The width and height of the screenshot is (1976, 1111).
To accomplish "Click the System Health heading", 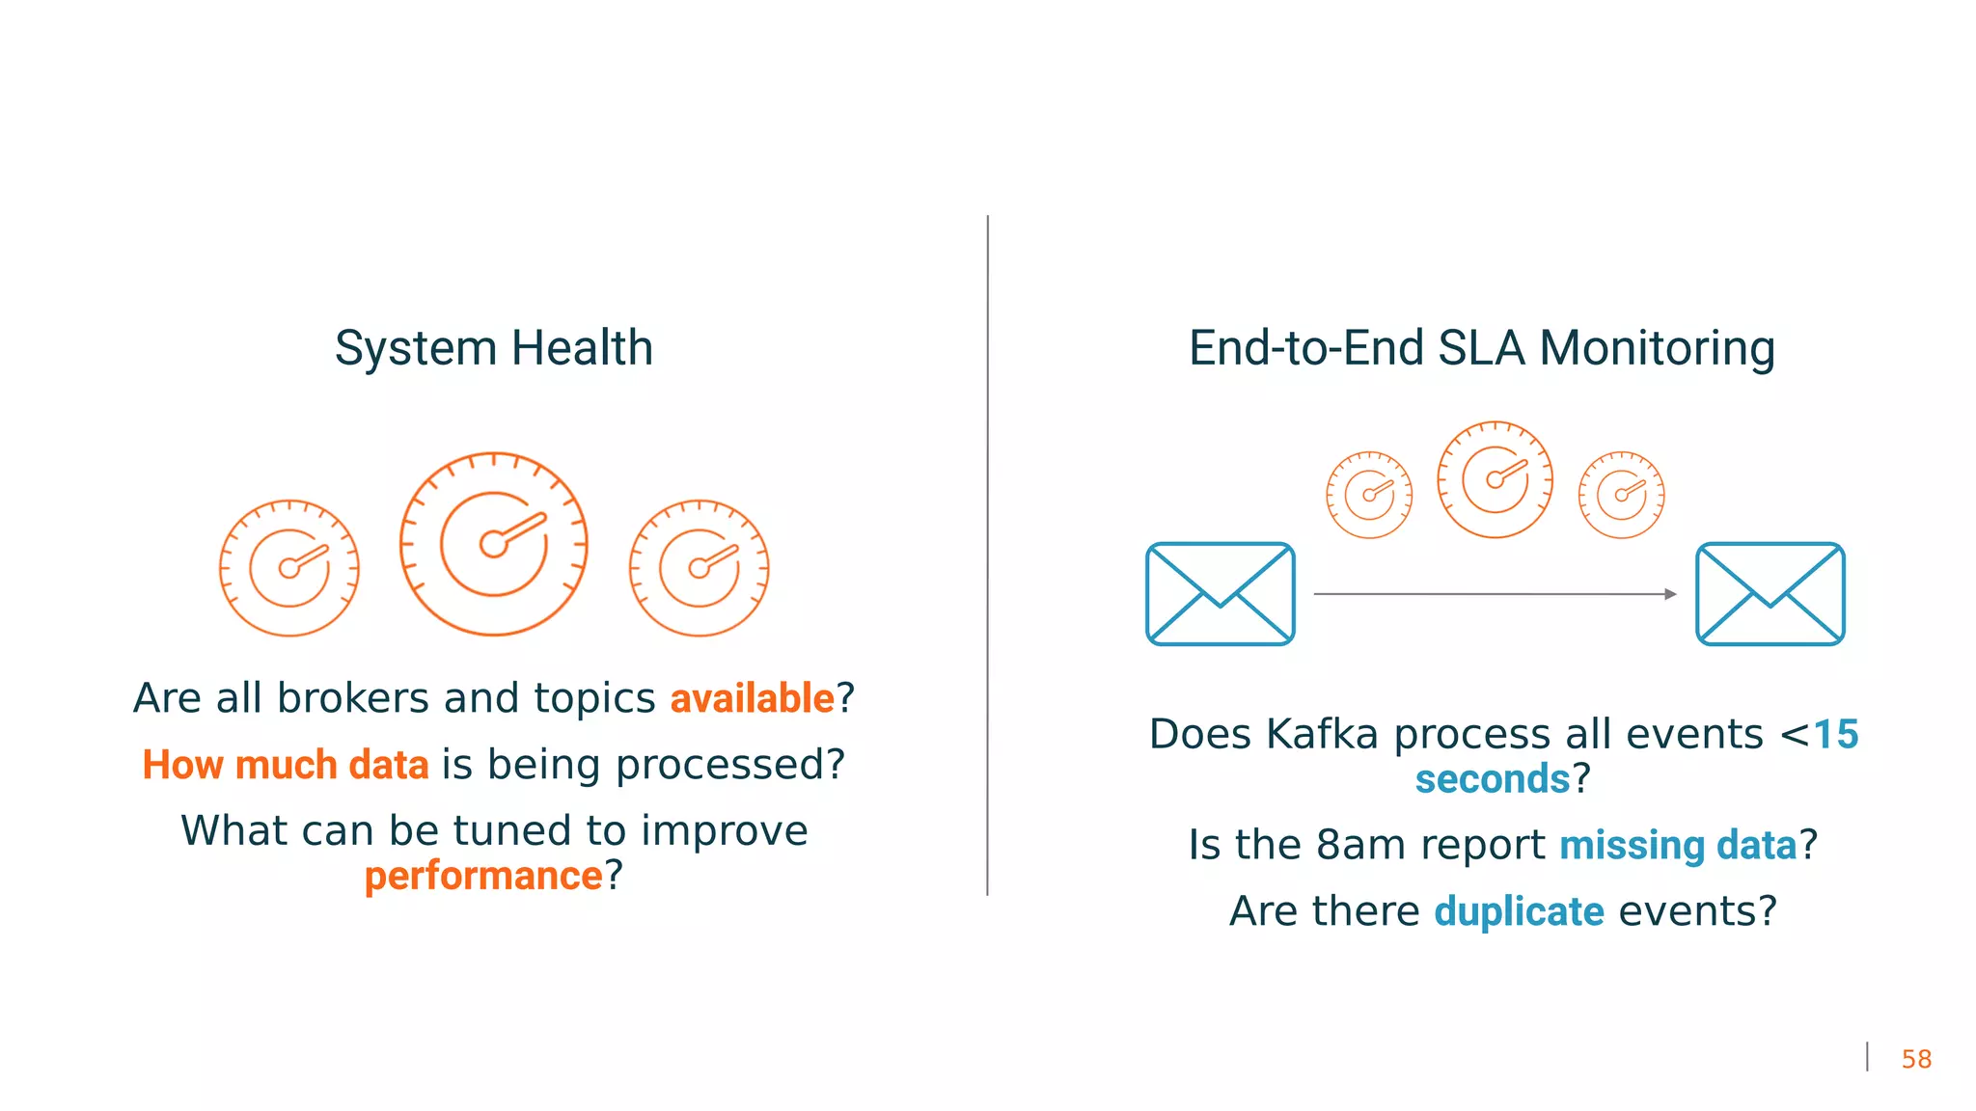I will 494,348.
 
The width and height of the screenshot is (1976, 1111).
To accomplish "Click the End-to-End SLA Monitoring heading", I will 1481,348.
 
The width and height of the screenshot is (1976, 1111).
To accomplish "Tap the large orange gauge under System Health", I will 494,544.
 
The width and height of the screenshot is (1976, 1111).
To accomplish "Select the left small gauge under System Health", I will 289,568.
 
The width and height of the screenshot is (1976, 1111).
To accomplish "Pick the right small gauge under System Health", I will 700,568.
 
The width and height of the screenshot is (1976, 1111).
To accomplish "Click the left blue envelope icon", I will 1221,594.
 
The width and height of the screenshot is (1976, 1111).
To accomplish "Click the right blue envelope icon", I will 1770,594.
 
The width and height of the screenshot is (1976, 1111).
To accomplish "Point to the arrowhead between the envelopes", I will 1670,594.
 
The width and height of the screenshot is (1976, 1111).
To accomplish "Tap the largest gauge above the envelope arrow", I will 1495,479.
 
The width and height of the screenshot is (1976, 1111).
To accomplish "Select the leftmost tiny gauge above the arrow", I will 1369,495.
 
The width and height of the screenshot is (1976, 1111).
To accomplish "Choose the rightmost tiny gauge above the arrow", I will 1622,495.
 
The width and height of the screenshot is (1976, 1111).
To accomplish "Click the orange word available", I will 752,698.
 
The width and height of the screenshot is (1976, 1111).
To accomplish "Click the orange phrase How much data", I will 286,765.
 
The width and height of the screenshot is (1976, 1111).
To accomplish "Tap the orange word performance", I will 483,876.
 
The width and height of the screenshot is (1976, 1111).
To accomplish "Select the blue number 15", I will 1835,735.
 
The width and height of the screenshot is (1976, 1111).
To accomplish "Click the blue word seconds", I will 1493,779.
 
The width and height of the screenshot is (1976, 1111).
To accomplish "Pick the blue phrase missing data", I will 1678,846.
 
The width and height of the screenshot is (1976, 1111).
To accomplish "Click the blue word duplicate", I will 1519,911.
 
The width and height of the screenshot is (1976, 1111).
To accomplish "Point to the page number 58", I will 1915,1059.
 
